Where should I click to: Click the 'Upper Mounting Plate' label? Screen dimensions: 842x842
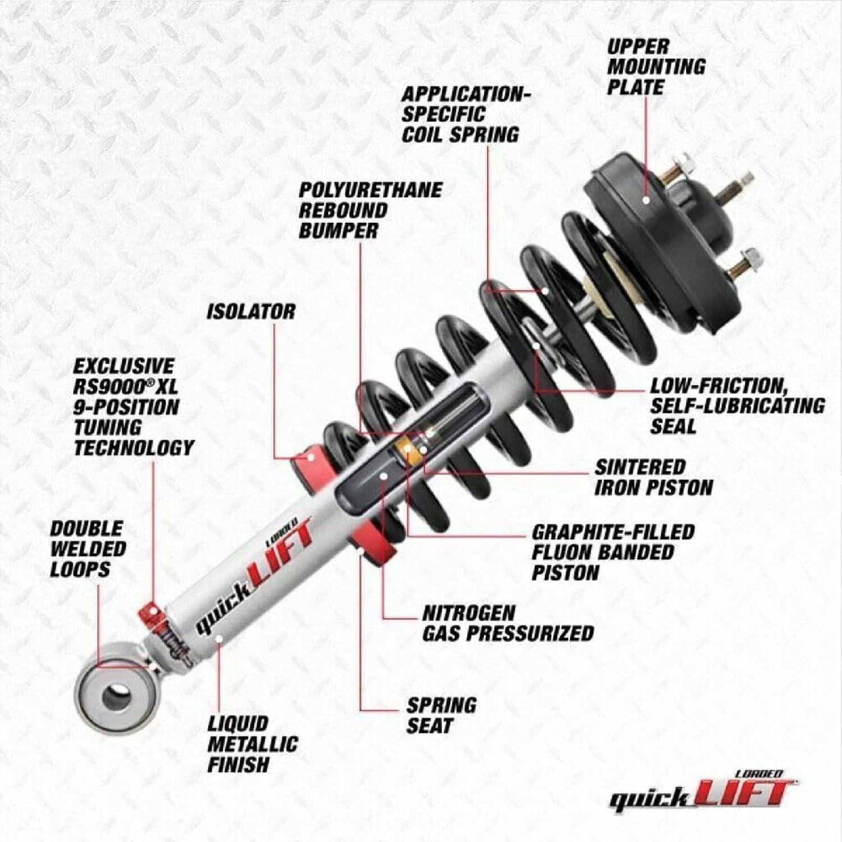(656, 67)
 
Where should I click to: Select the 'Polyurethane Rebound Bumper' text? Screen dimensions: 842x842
(369, 210)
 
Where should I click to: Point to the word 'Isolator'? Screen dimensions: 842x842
(250, 312)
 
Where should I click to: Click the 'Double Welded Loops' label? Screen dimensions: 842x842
(88, 549)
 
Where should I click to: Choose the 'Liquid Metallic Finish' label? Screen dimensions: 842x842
(252, 744)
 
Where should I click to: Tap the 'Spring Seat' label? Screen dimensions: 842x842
(441, 715)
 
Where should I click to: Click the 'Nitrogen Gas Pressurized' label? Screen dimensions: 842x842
(507, 623)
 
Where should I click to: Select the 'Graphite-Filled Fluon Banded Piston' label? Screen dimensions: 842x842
(613, 552)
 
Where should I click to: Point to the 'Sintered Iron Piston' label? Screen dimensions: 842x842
(653, 477)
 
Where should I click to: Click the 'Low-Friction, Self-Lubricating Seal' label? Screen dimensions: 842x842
(737, 406)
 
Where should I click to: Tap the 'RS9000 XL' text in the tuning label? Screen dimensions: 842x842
(126, 387)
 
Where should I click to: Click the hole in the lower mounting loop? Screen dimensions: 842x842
(116, 697)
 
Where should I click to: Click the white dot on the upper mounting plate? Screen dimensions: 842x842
(646, 199)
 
